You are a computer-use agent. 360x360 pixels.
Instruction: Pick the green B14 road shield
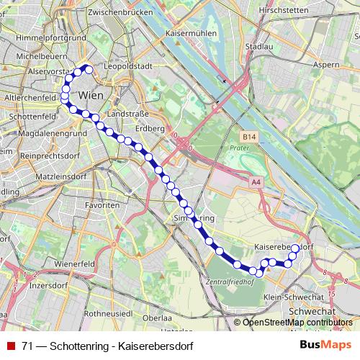[x=248, y=135]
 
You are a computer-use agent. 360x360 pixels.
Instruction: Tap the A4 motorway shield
[x=256, y=183]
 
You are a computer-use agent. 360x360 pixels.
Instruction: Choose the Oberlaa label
[x=158, y=318]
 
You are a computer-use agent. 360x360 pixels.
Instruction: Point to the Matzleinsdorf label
[x=46, y=175]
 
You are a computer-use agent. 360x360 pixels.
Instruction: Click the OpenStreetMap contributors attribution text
[x=297, y=323]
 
